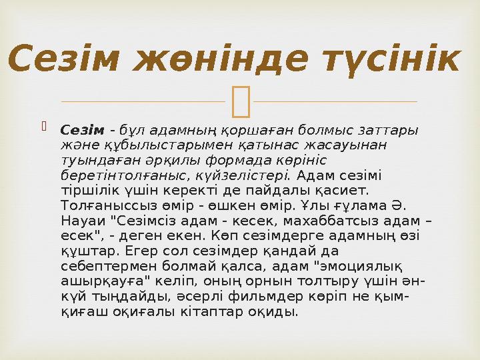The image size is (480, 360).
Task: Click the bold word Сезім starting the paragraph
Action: (83, 129)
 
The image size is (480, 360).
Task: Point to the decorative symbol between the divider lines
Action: (239, 101)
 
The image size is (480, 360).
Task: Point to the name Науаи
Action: (83, 221)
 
